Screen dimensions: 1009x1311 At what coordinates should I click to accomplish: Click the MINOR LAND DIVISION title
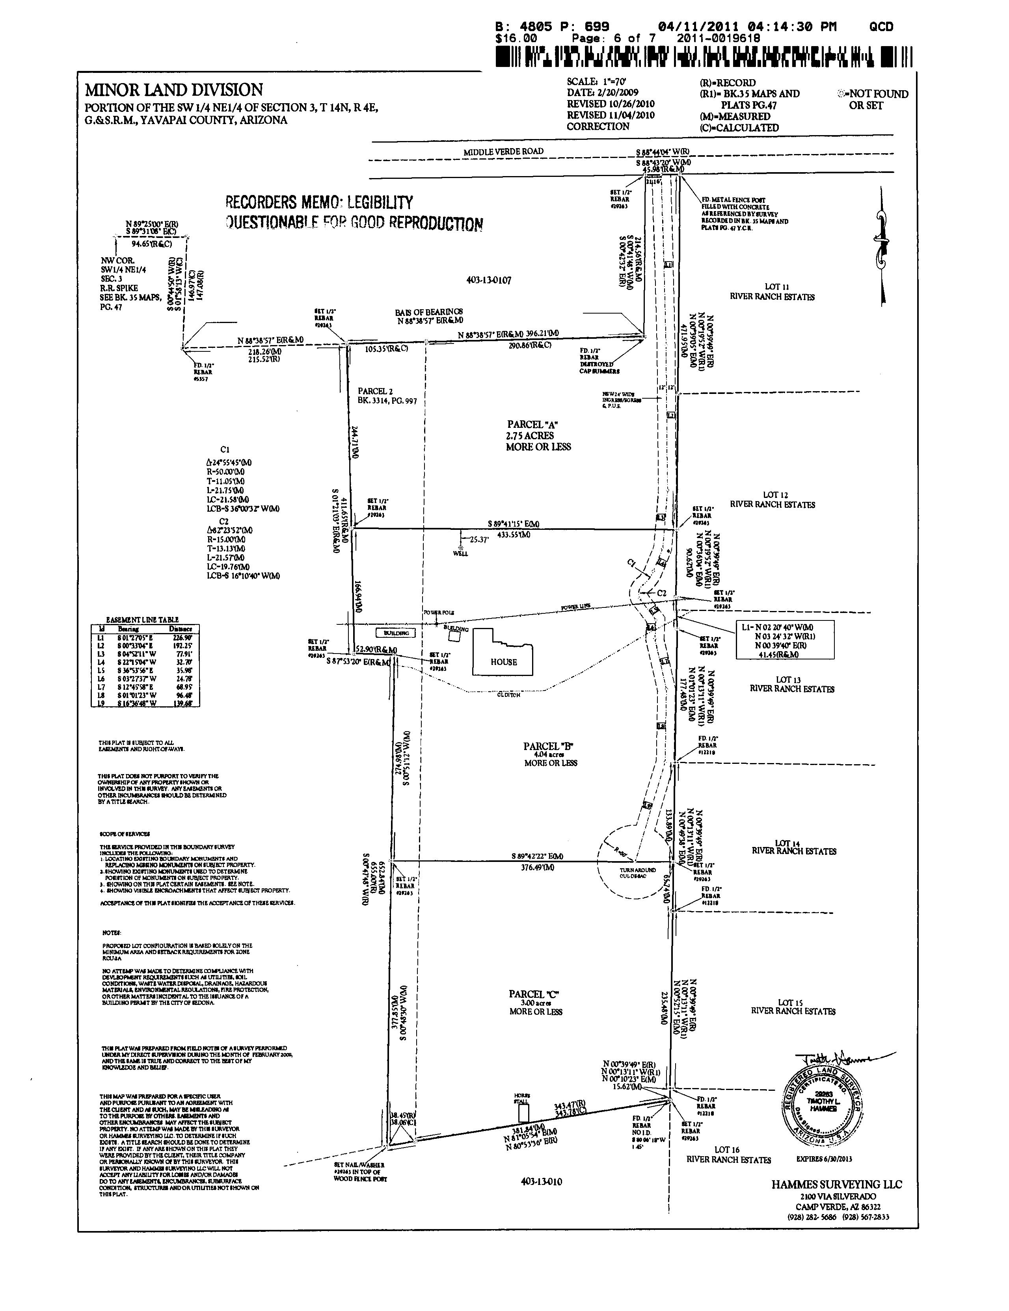click(173, 90)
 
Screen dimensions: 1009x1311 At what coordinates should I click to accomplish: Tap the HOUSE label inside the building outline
click(503, 662)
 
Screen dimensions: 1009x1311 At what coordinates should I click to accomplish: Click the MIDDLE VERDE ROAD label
click(503, 152)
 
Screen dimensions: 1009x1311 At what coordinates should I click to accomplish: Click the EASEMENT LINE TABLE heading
click(142, 620)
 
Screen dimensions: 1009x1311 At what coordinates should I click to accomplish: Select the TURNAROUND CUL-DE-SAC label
click(638, 872)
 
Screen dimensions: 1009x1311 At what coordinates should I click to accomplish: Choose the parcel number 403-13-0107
click(488, 280)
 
